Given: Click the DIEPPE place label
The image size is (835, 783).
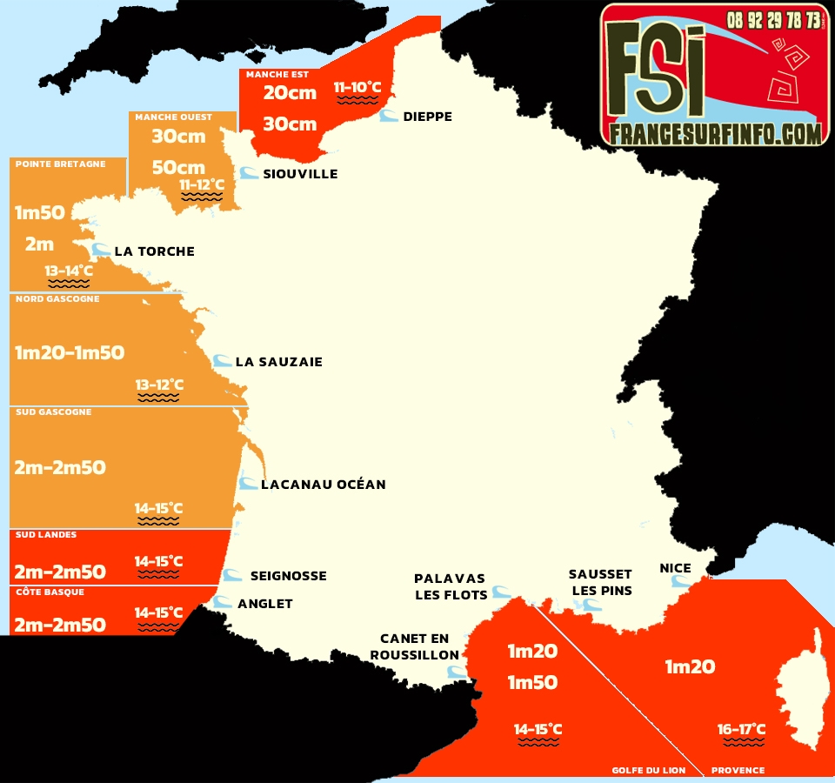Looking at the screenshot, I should tap(427, 117).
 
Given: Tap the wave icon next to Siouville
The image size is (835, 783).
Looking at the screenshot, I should tap(249, 173).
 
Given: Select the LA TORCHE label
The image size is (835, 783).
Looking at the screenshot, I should tap(154, 251).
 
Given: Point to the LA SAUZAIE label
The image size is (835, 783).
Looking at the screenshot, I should tap(278, 362).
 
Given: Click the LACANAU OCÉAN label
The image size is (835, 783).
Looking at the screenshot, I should tap(323, 485).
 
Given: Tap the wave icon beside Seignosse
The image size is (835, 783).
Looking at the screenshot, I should tap(232, 575).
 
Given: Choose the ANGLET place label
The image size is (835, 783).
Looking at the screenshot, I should tap(265, 604).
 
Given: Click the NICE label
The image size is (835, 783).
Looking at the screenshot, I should tap(675, 568).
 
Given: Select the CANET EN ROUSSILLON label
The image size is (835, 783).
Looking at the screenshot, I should tap(414, 647).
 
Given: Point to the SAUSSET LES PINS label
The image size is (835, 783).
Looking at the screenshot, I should tap(600, 582).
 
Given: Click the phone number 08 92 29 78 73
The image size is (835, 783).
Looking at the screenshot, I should tap(773, 19).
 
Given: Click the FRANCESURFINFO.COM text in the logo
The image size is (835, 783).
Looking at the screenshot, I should tap(715, 133).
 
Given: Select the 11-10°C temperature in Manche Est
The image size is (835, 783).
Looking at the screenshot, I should tap(357, 87).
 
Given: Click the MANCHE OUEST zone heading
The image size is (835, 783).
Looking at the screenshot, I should tap(173, 117).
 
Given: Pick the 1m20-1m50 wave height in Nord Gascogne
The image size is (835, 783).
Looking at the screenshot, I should tap(70, 353).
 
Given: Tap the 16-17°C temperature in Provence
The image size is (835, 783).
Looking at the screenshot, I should tap(741, 729).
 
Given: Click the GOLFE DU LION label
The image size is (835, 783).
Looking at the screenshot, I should tap(647, 770).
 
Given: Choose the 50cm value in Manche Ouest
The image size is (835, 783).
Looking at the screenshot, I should tap(178, 167).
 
